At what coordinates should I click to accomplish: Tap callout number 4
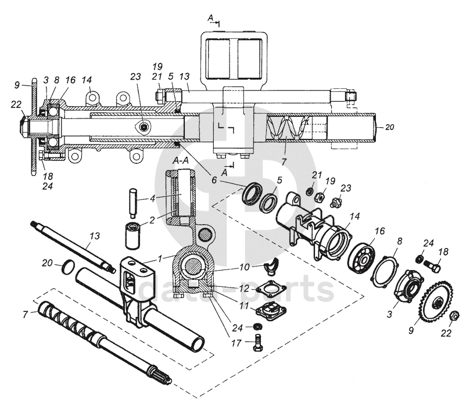click(x=153, y=198)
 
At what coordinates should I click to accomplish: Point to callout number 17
click(x=236, y=343)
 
